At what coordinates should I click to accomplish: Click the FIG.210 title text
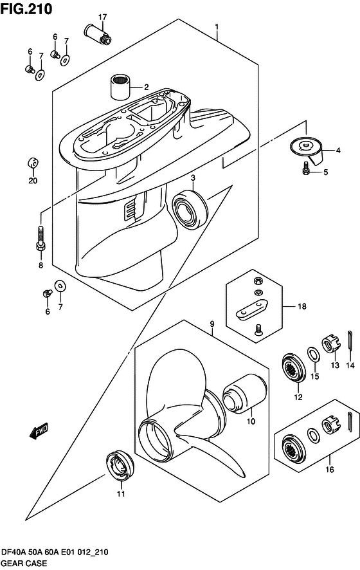coord(26,9)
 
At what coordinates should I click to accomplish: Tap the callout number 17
coord(102,16)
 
